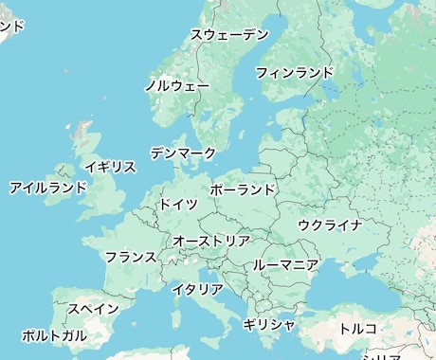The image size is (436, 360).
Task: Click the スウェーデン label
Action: [x=229, y=35]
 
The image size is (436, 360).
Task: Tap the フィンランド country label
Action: [x=294, y=72]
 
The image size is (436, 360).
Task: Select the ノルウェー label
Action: [x=177, y=85]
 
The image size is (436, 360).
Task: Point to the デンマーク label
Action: [x=183, y=153]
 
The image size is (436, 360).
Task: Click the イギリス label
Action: [x=110, y=167]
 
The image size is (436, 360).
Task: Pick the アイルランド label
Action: [x=48, y=188]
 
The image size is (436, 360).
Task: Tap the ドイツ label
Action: [x=178, y=204]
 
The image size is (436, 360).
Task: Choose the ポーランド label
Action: [x=243, y=189]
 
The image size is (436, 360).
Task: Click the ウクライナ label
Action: [x=330, y=225]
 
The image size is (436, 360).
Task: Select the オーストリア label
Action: [x=210, y=242]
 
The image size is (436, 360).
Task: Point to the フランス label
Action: [x=130, y=257]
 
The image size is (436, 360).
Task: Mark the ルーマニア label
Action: [x=285, y=265]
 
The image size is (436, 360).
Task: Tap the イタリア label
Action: [x=197, y=289]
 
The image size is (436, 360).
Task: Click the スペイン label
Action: [x=93, y=309]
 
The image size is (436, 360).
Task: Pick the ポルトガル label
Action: [x=54, y=335]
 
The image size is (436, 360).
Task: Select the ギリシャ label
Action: [x=269, y=324]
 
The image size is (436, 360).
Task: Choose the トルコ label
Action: [x=357, y=329]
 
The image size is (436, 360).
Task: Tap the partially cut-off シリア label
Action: [x=382, y=356]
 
